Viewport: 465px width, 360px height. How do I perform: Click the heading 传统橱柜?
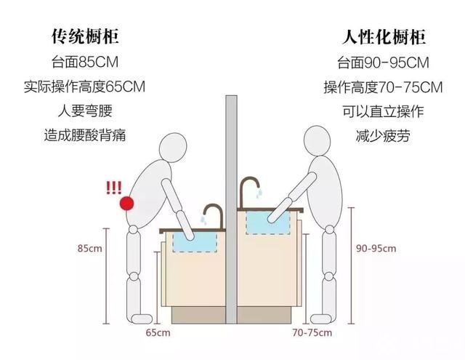pyautogui.click(x=85, y=36)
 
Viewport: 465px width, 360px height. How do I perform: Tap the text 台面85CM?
pyautogui.click(x=85, y=62)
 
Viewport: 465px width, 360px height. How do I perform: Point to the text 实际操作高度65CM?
pyautogui.click(x=85, y=87)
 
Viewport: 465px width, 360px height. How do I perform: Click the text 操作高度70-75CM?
pyautogui.click(x=382, y=88)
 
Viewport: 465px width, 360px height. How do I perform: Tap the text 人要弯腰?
pyautogui.click(x=85, y=111)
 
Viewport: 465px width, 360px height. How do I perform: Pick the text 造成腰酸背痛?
pyautogui.click(x=85, y=135)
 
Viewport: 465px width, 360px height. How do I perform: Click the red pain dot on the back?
pyautogui.click(x=128, y=204)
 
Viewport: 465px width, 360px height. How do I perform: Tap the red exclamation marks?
pyautogui.click(x=113, y=187)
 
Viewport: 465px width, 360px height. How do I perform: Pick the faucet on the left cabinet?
pyautogui.click(x=213, y=214)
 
